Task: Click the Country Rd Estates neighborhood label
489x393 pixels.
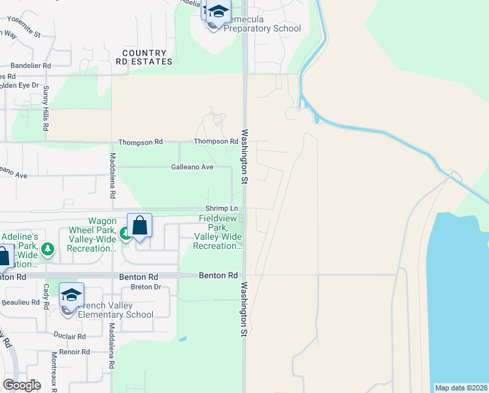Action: point(147,57)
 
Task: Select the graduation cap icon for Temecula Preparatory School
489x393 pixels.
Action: point(219,12)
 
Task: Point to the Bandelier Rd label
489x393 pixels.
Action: point(31,66)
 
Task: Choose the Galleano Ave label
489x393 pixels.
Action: point(192,167)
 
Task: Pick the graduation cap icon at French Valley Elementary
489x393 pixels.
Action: point(72,295)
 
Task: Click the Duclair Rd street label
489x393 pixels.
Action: point(71,337)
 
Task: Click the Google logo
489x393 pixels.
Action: point(22,385)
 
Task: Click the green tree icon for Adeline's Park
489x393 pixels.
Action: point(47,249)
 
